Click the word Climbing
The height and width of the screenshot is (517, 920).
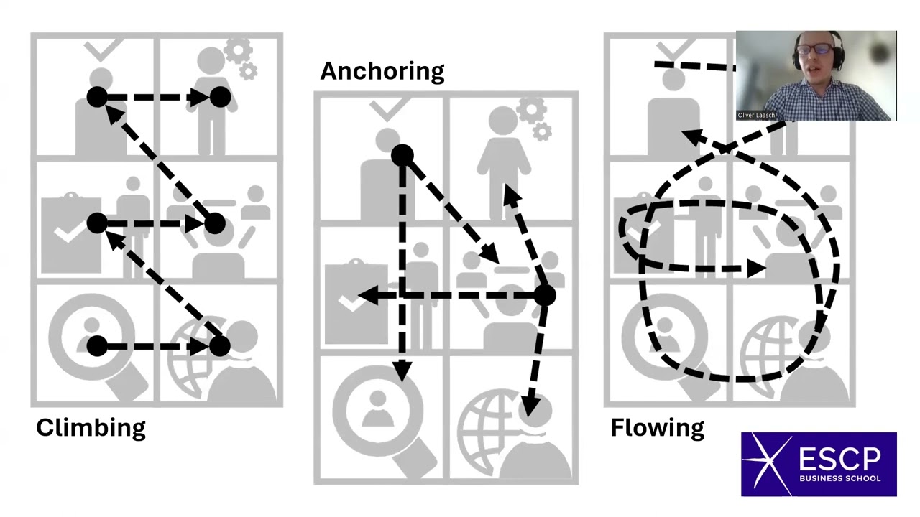point(91,428)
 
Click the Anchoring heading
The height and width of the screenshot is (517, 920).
point(382,71)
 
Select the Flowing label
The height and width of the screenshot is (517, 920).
point(657,428)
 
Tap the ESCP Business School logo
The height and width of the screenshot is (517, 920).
point(819,464)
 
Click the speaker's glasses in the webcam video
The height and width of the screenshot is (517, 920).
point(815,50)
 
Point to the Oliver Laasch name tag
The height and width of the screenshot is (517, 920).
point(756,115)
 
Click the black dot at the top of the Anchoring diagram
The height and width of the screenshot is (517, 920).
point(402,155)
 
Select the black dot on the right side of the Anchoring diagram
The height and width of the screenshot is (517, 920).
point(544,295)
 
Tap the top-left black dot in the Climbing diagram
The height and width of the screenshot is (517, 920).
point(97,98)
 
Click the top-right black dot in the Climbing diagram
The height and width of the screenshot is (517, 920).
point(220,98)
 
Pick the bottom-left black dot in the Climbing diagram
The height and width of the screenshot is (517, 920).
point(97,347)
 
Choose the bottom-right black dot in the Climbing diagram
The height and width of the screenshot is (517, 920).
point(220,347)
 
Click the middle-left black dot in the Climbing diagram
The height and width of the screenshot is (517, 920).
point(97,224)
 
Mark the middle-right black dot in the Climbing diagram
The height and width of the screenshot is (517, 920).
point(214,224)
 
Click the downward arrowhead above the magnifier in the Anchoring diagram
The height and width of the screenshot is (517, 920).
point(402,371)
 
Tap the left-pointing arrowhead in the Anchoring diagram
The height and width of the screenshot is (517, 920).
point(369,295)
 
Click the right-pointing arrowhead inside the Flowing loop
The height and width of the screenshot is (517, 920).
point(755,269)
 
